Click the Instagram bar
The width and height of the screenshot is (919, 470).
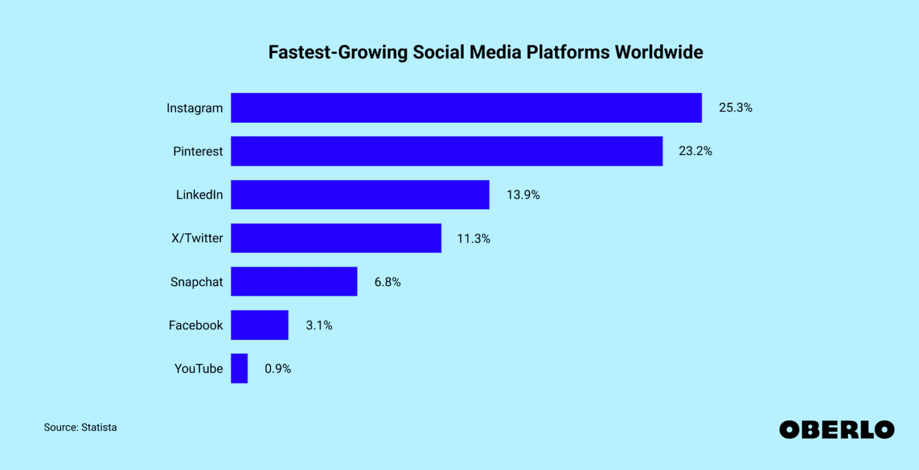coord(466,108)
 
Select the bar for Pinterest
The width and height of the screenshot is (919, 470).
coord(446,151)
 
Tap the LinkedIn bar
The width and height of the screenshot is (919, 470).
coord(360,195)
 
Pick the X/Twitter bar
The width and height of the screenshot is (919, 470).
coord(336,238)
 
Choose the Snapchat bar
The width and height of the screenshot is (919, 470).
coord(294,281)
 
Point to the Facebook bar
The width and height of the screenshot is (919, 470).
coord(259,325)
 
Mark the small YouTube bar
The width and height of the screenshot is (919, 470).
coord(239,368)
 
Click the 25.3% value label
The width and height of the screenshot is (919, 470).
coord(735,108)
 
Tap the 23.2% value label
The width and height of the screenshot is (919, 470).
coord(695,151)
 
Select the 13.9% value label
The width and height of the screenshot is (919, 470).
coord(523,195)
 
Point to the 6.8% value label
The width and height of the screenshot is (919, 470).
coord(387,282)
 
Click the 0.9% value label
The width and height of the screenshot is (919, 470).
coord(278,369)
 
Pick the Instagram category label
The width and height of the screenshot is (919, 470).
coord(194,108)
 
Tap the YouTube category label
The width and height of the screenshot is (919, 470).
coord(198,369)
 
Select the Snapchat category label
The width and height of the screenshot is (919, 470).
coord(196,282)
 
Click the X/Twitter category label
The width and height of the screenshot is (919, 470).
coord(197,238)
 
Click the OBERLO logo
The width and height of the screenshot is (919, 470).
coord(836,429)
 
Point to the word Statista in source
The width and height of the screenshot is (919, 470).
coord(99,427)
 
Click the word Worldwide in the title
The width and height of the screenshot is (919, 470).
coord(659,52)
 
